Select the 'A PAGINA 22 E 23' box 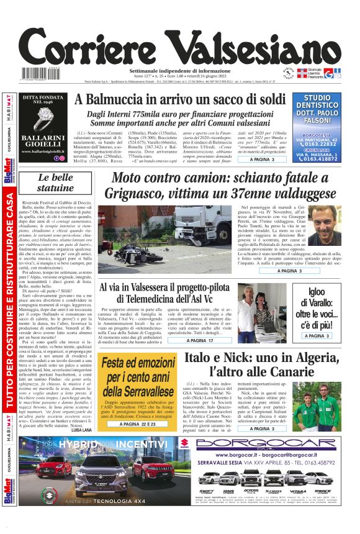pos(146,424)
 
